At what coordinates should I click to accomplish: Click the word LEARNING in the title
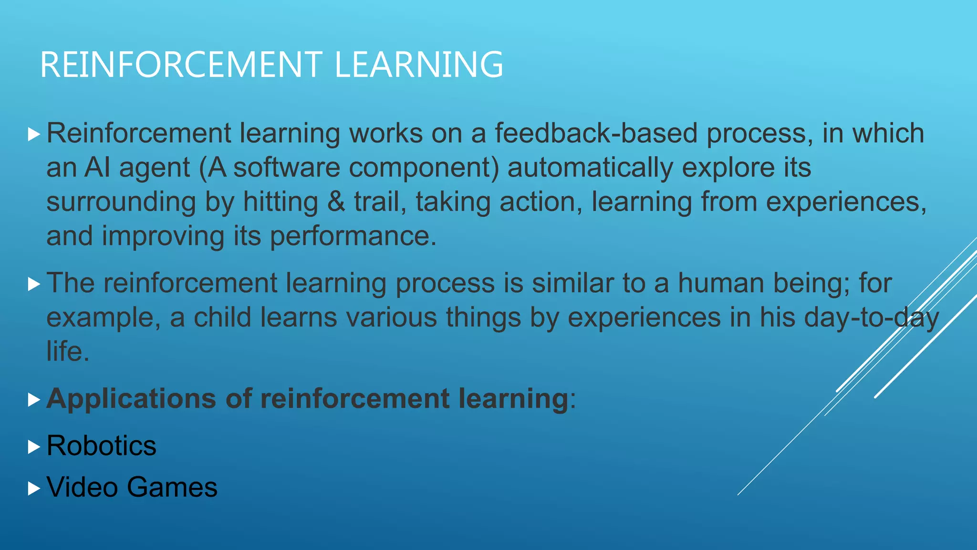pyautogui.click(x=419, y=65)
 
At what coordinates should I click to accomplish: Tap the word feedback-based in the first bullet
pyautogui.click(x=596, y=133)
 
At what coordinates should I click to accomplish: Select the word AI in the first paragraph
pyautogui.click(x=97, y=168)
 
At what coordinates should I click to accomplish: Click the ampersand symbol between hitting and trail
pyautogui.click(x=336, y=202)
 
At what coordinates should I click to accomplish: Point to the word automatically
pyautogui.click(x=590, y=168)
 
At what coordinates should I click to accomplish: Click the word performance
pyautogui.click(x=353, y=236)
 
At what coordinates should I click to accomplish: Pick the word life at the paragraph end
pyautogui.click(x=67, y=352)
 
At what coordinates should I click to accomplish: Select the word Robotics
pyautogui.click(x=101, y=446)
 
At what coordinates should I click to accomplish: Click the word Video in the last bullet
pyautogui.click(x=82, y=487)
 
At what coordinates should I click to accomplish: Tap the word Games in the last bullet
pyautogui.click(x=172, y=487)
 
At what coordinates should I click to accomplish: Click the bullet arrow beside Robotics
pyautogui.click(x=33, y=447)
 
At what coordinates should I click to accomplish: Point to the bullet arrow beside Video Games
pyautogui.click(x=33, y=488)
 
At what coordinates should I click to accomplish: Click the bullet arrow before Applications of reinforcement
pyautogui.click(x=33, y=400)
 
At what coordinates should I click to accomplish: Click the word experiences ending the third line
pyautogui.click(x=845, y=202)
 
